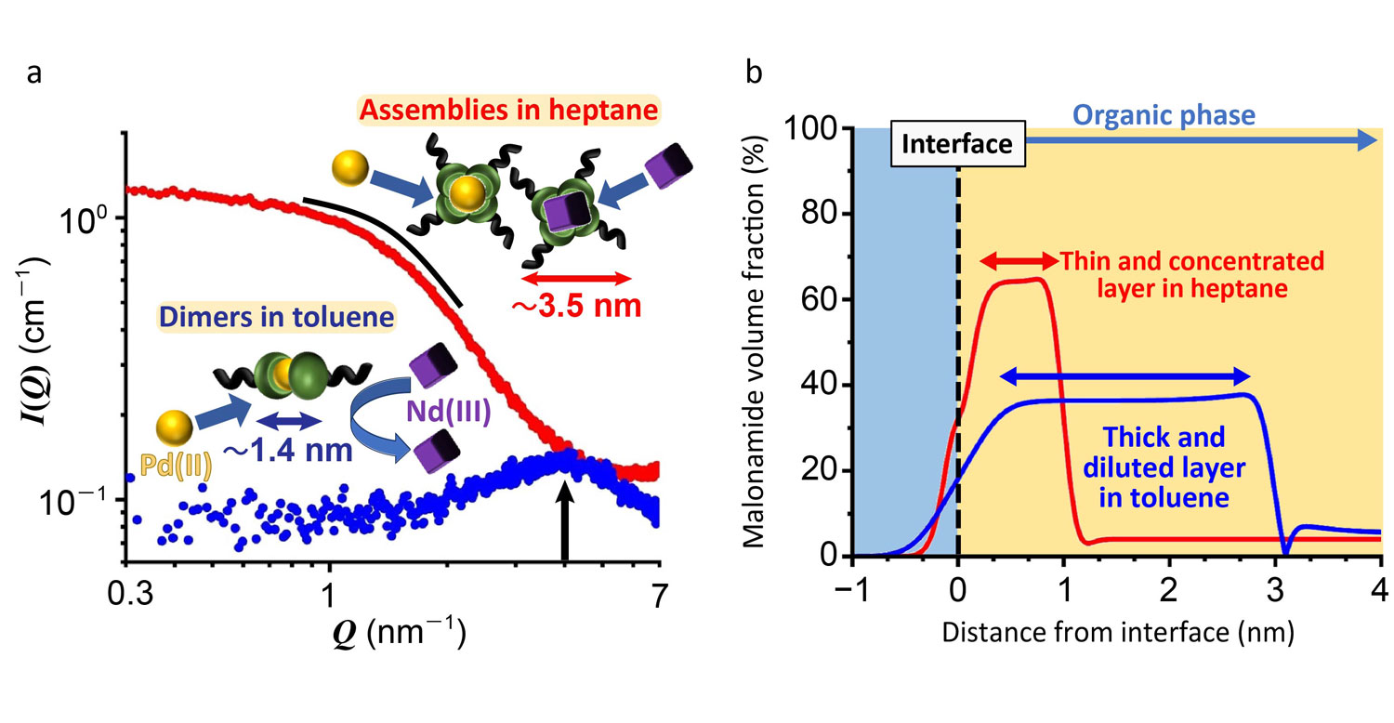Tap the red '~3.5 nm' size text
578,304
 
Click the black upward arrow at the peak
563,521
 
